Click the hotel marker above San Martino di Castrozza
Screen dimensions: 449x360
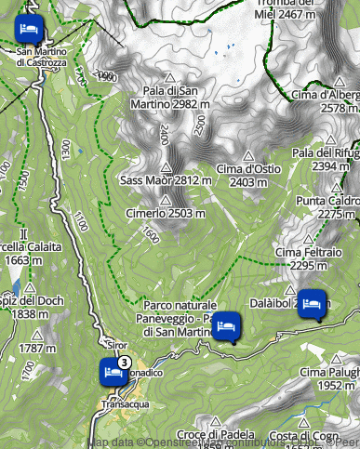click(29, 27)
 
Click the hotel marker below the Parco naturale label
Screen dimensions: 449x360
click(227, 326)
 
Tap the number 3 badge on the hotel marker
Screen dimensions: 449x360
click(124, 362)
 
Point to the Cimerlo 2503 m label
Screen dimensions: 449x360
click(165, 214)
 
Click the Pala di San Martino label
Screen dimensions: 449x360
click(169, 97)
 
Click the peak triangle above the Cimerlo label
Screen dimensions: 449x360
click(165, 200)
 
